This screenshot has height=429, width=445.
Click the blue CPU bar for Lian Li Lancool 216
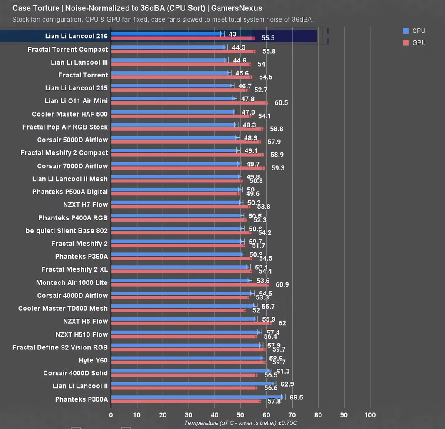tap(166, 34)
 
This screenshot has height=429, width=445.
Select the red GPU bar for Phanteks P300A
tap(185, 402)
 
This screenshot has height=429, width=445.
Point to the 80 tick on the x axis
tap(318, 415)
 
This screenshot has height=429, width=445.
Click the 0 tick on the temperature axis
tap(111, 415)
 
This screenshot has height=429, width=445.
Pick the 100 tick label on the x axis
tap(370, 415)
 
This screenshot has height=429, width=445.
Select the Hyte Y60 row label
tap(93, 360)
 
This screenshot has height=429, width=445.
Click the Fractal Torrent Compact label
tap(68, 49)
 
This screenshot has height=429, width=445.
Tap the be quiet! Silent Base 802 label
tap(67, 231)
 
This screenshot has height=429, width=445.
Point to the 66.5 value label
tap(296, 397)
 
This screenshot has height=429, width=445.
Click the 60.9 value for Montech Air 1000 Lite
tap(282, 284)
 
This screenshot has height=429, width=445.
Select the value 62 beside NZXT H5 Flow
tap(282, 323)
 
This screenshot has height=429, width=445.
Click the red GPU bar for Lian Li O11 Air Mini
tap(189, 103)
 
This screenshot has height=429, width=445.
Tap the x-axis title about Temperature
tap(240, 423)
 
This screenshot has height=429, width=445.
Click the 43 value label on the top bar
tap(232, 34)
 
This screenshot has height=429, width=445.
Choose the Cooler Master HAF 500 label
tap(70, 114)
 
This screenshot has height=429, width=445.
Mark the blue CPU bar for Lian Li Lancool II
tap(193, 383)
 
